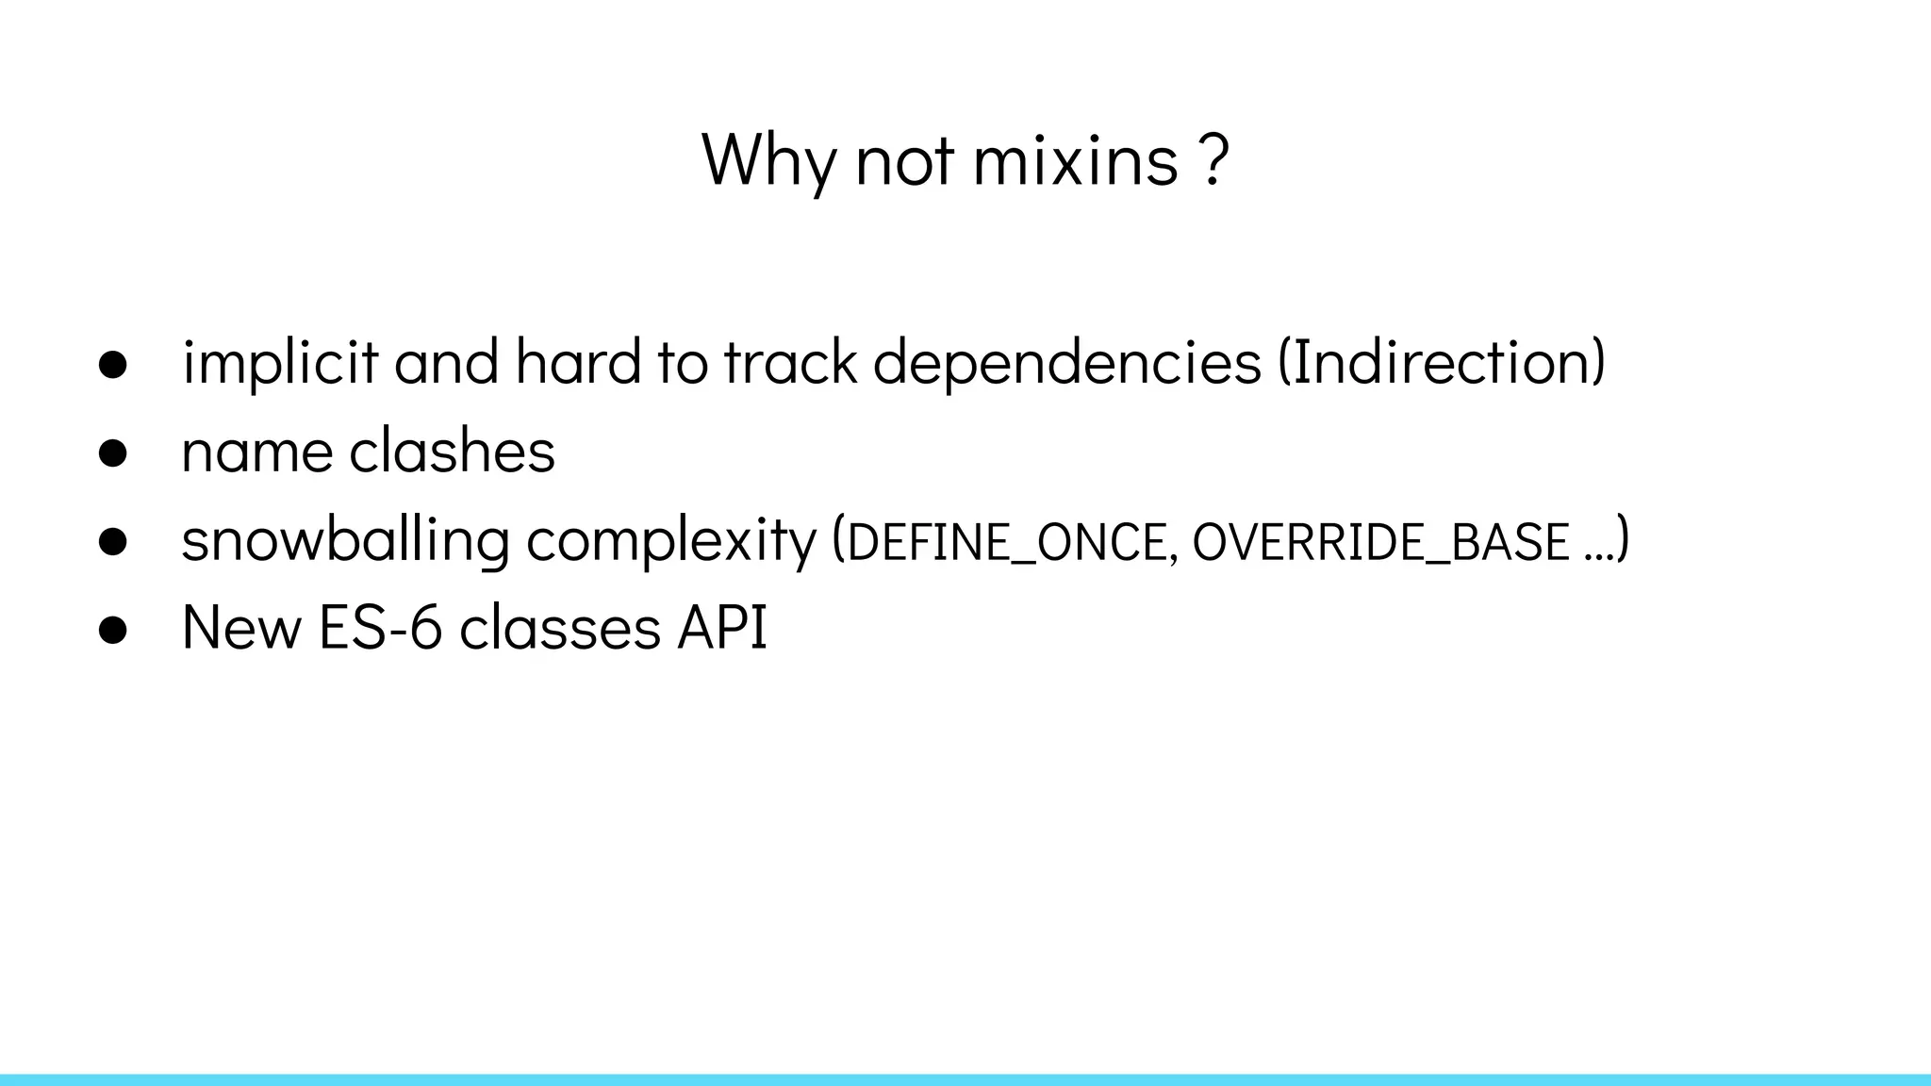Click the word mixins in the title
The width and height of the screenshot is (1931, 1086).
tap(1075, 160)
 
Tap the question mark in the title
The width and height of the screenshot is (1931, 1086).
tap(1216, 160)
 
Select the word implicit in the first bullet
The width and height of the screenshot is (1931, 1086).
tap(279, 362)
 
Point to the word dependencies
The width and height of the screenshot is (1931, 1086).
tap(1066, 362)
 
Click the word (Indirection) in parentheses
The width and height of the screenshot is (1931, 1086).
tap(1442, 362)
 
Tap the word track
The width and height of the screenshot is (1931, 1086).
tap(790, 362)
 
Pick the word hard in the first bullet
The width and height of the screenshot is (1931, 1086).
tap(577, 362)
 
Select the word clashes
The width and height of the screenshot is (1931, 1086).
tap(452, 451)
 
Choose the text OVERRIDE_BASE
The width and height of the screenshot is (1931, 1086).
tap(1380, 542)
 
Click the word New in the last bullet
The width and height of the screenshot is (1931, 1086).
tap(240, 628)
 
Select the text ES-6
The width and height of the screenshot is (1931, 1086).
tap(380, 628)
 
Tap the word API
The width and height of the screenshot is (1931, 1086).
tap(722, 628)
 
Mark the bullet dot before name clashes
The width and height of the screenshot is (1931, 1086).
tap(112, 453)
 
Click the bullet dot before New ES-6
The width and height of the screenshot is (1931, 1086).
tap(112, 631)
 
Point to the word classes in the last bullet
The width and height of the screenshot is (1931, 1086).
tap(559, 628)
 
